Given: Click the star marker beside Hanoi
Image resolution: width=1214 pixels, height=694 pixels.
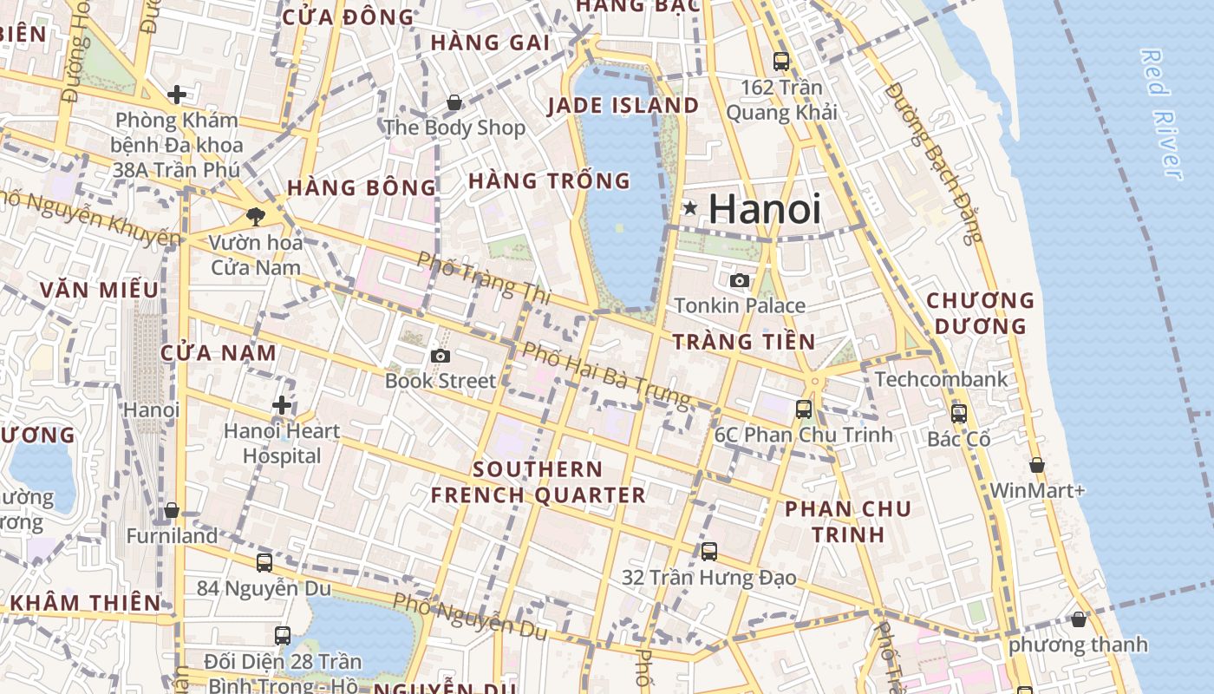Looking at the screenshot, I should click(690, 208).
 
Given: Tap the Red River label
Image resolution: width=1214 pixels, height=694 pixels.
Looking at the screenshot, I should click(1162, 115).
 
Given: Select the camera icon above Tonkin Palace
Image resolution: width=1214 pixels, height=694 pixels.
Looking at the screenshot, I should click(740, 280).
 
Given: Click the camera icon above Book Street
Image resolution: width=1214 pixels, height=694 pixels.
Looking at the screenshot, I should click(441, 356).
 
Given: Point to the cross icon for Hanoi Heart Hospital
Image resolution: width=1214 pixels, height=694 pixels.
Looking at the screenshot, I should click(282, 405).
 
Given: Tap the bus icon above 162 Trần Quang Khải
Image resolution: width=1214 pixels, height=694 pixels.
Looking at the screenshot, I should click(781, 62).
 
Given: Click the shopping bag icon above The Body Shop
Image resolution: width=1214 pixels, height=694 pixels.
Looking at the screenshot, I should click(454, 103).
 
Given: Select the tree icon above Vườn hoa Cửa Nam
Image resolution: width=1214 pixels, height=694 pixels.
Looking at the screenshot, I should click(255, 216).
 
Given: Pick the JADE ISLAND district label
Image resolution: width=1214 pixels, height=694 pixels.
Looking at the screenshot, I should click(623, 106).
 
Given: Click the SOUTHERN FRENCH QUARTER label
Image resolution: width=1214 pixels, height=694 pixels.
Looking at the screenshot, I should click(538, 482).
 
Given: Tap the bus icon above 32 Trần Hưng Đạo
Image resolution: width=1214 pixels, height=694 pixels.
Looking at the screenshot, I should click(709, 551).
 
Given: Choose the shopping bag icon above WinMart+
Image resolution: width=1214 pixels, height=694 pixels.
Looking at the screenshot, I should click(1037, 466).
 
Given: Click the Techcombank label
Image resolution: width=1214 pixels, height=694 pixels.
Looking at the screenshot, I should click(941, 379).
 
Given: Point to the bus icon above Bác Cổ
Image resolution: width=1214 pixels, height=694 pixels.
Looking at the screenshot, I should click(958, 414).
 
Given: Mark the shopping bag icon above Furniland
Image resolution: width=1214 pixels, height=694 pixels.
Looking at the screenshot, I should click(172, 510).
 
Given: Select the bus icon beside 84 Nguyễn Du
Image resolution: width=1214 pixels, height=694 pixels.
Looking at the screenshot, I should click(264, 562).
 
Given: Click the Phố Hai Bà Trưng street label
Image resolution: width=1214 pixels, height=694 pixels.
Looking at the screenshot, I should click(607, 375).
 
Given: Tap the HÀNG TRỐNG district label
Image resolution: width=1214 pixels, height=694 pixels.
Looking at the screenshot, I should click(549, 181).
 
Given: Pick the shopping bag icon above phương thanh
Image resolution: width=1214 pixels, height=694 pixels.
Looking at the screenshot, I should click(1078, 619).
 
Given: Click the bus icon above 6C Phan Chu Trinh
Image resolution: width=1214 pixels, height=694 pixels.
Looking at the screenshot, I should click(804, 409).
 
